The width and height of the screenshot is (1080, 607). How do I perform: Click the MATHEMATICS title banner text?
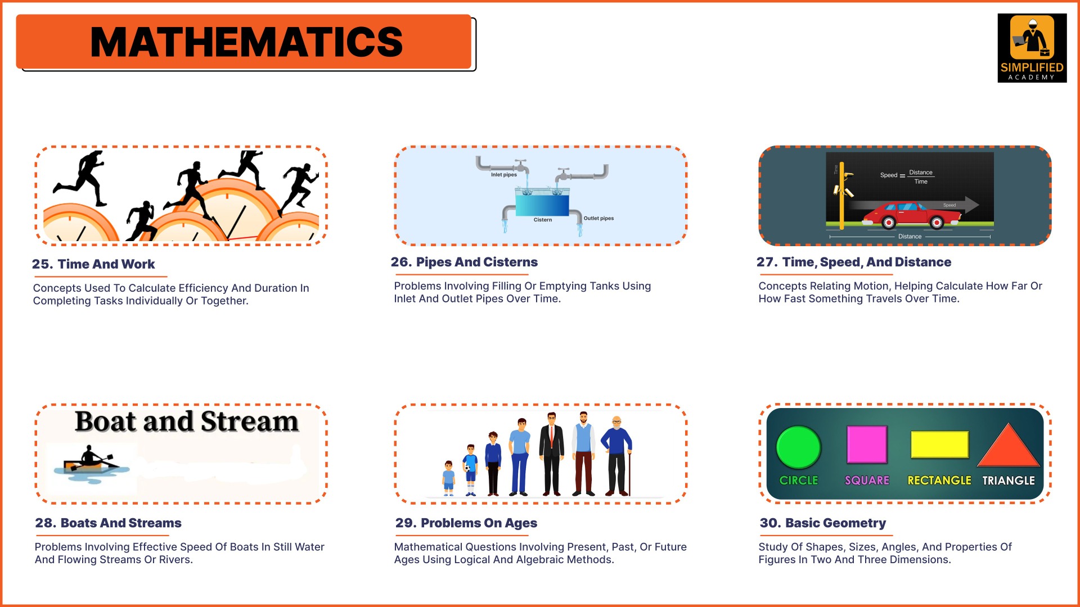click(x=246, y=42)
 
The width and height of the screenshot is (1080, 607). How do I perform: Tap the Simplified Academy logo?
click(x=1032, y=48)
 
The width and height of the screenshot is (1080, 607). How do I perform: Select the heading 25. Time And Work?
click(x=93, y=264)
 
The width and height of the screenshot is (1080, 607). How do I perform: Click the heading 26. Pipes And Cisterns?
click(x=464, y=262)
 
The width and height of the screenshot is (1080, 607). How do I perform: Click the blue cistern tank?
click(x=542, y=203)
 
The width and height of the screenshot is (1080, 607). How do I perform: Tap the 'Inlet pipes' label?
click(x=503, y=175)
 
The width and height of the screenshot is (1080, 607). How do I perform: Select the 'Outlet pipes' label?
click(x=598, y=218)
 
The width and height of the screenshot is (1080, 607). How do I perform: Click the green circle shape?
click(x=798, y=447)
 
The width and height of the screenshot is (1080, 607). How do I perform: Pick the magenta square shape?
click(x=867, y=445)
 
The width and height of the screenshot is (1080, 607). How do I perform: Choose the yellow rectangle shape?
click(x=939, y=445)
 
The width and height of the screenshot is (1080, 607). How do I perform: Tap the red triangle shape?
click(x=1009, y=447)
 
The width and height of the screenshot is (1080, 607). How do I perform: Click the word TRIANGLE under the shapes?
click(x=1009, y=481)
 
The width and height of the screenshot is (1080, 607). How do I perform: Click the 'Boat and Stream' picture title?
click(x=186, y=422)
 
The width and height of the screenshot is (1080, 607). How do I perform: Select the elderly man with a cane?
click(x=617, y=456)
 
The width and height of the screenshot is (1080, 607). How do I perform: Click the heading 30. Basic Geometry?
click(x=822, y=523)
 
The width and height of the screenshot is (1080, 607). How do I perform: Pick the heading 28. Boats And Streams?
click(x=108, y=523)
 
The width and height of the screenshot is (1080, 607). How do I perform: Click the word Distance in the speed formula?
click(x=921, y=173)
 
